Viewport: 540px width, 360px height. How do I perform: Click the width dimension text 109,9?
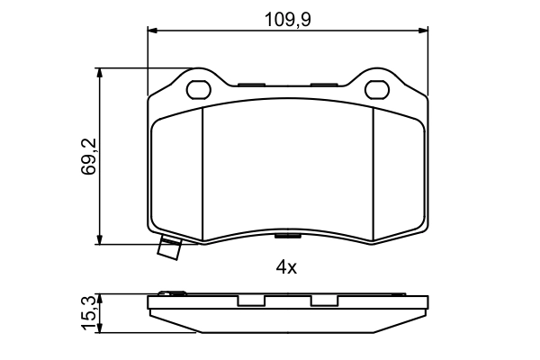tap(288, 16)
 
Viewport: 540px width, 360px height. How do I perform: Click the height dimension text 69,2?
tap(88, 156)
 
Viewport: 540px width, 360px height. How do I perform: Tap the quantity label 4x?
tap(286, 267)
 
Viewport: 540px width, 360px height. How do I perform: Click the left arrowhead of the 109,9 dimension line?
tap(153, 31)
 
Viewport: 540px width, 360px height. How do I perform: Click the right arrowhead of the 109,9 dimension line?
tap(423, 31)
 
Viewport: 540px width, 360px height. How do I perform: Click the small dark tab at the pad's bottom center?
tap(287, 237)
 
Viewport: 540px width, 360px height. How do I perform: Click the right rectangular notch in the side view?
tap(325, 301)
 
